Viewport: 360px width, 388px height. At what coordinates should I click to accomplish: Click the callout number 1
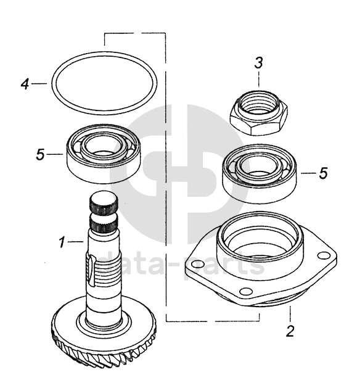tap(62, 242)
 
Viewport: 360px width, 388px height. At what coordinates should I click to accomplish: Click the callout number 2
tap(290, 331)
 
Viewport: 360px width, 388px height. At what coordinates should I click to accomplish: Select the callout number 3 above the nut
tap(259, 63)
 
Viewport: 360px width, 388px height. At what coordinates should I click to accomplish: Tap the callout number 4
tap(25, 84)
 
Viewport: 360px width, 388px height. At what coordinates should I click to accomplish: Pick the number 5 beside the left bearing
tap(40, 154)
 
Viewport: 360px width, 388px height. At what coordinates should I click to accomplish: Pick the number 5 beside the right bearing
tap(324, 173)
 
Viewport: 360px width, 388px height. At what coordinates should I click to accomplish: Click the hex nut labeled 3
tap(259, 112)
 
